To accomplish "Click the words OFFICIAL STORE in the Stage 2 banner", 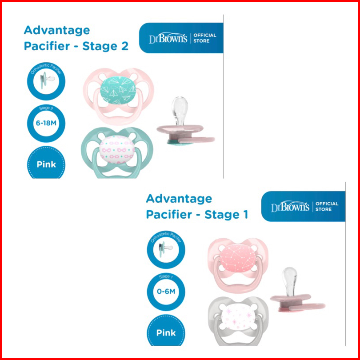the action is coord(204,38).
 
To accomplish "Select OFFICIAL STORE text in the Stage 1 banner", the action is coord(327,207).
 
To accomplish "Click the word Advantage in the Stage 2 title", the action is coord(56,30).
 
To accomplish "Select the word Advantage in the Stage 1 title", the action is coord(179,199).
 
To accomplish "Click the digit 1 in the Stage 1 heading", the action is coord(245,215).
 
